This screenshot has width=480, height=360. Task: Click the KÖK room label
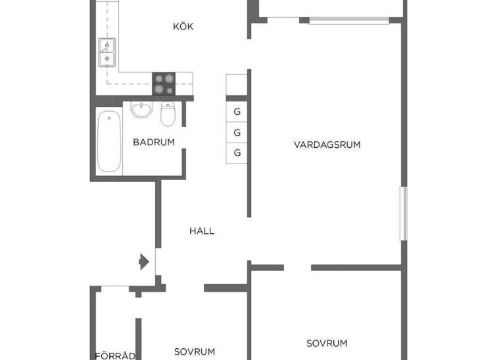[x=183, y=26]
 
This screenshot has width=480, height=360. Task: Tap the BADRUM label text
[x=154, y=142]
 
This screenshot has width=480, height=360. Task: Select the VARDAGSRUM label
[x=327, y=145]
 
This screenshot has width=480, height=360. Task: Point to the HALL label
[x=202, y=231]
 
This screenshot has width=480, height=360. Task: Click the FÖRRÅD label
[x=115, y=355]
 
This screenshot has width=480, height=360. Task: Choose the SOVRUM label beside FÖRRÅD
[x=195, y=351]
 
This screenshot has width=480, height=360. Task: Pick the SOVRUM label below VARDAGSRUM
[x=327, y=343]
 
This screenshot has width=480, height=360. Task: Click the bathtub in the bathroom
[x=109, y=141]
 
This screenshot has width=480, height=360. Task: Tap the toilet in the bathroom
[x=168, y=114]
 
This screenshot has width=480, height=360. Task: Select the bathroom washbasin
[x=141, y=110]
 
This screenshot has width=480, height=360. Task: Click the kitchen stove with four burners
[x=164, y=84]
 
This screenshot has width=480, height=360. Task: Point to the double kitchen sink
[x=107, y=53]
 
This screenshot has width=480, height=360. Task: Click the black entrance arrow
[x=144, y=262]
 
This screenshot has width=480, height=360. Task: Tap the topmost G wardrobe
[x=237, y=112]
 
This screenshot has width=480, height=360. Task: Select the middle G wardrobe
[x=237, y=133]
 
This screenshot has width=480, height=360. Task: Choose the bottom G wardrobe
[x=237, y=153]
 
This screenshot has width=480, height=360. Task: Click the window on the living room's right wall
[x=404, y=214]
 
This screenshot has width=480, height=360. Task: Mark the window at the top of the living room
[x=349, y=21]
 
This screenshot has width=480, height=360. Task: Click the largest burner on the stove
[x=169, y=79]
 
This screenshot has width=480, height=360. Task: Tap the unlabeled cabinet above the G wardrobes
[x=237, y=85]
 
